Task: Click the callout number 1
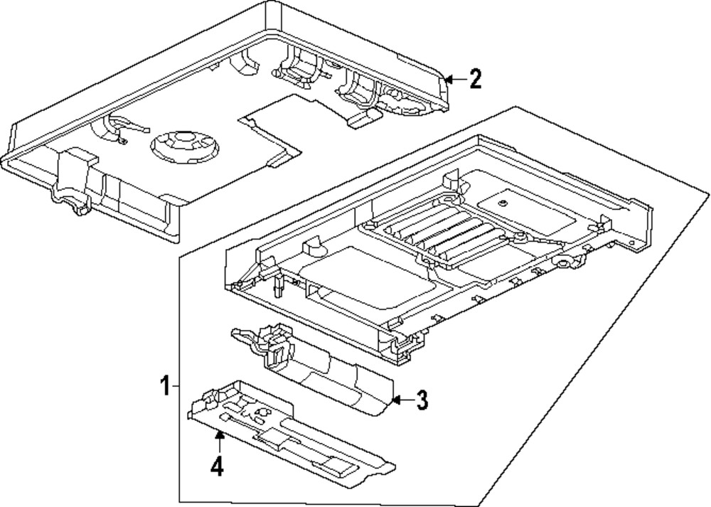point(164,388)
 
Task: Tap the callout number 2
point(474,79)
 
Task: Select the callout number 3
point(422,400)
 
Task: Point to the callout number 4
point(218,467)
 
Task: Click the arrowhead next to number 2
point(449,79)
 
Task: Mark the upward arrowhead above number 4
point(220,435)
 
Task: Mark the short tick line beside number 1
point(176,388)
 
